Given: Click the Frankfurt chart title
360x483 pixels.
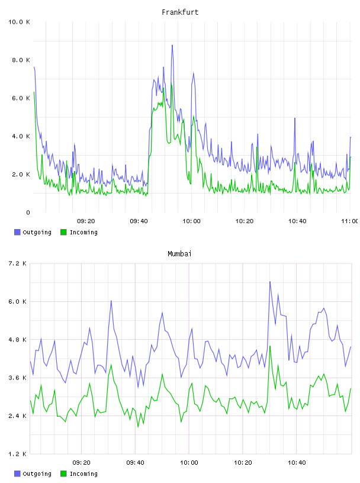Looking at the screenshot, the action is tap(180, 12).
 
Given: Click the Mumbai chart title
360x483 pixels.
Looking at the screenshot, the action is tap(179, 253).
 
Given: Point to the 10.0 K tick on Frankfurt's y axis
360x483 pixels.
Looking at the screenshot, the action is tap(19, 22).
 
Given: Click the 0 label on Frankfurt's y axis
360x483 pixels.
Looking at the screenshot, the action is tap(28, 212).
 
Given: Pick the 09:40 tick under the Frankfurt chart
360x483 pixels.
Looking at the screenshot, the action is tap(139, 221).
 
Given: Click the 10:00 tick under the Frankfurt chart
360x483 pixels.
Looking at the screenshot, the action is tap(191, 221).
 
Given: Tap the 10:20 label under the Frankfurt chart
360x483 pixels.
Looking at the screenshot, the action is tap(245, 221).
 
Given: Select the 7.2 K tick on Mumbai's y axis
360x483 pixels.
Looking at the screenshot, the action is tap(18, 263).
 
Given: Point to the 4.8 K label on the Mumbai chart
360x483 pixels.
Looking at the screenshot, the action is tap(18, 339).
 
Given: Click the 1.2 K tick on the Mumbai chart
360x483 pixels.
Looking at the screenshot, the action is tap(18, 454).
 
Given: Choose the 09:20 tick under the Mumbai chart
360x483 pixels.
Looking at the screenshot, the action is tap(81, 462).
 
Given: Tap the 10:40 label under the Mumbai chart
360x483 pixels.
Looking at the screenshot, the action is tap(297, 462).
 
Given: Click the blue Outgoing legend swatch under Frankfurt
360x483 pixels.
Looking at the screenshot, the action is tap(17, 232).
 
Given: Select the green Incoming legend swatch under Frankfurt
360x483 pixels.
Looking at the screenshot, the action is tap(63, 232).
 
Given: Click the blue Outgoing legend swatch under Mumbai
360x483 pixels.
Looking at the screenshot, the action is tap(17, 474).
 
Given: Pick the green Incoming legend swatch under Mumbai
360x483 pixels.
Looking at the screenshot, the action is tap(63, 474).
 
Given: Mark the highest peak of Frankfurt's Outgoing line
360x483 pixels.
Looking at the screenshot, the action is tap(172, 45).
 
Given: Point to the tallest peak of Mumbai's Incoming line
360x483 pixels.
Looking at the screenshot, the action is tap(270, 346).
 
